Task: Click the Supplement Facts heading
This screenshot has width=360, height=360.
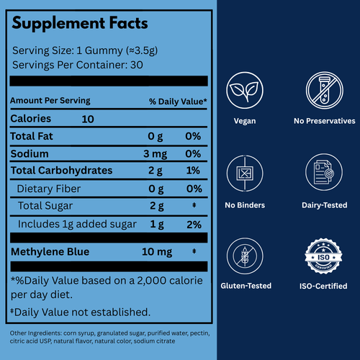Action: [x=80, y=23]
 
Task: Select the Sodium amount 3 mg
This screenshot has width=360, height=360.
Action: [x=156, y=154]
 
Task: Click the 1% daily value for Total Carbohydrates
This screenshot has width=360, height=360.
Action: [x=193, y=171]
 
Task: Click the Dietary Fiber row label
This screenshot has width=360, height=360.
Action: [x=49, y=189]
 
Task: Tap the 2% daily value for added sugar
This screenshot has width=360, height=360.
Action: [x=192, y=224]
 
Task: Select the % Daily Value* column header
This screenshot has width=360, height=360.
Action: [x=178, y=101]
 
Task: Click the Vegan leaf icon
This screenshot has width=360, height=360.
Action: [x=246, y=92]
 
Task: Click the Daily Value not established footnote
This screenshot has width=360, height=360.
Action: [x=81, y=312]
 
